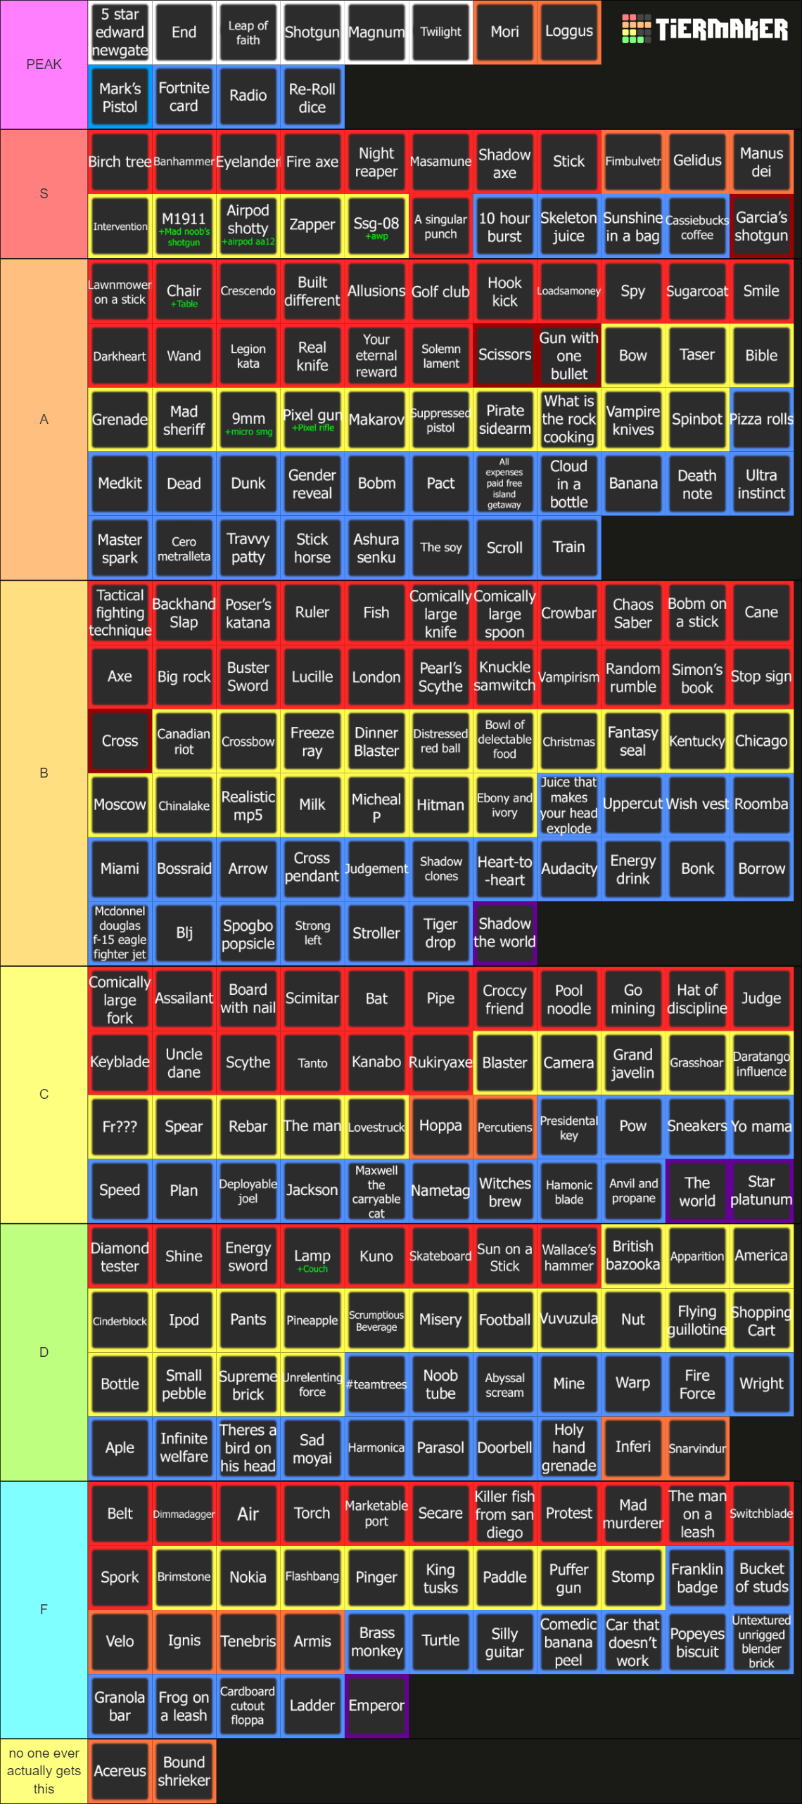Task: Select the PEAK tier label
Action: click(44, 65)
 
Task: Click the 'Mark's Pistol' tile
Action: click(120, 98)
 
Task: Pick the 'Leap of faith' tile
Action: click(248, 32)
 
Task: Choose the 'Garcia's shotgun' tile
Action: click(761, 226)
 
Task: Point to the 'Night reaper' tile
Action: click(376, 162)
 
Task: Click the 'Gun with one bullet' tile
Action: click(568, 356)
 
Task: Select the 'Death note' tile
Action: click(697, 484)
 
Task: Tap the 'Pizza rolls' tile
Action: click(761, 420)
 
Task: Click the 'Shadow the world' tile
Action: click(504, 933)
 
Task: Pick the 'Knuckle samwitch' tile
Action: click(504, 676)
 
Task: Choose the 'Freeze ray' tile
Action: click(312, 741)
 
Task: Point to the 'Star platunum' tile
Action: click(761, 1190)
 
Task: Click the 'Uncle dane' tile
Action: click(184, 1063)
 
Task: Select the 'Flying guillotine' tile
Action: click(697, 1320)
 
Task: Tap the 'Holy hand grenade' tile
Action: click(568, 1448)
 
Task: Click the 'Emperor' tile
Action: click(376, 1706)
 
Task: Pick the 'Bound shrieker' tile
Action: click(184, 1770)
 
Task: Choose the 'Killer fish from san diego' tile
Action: click(504, 1514)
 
